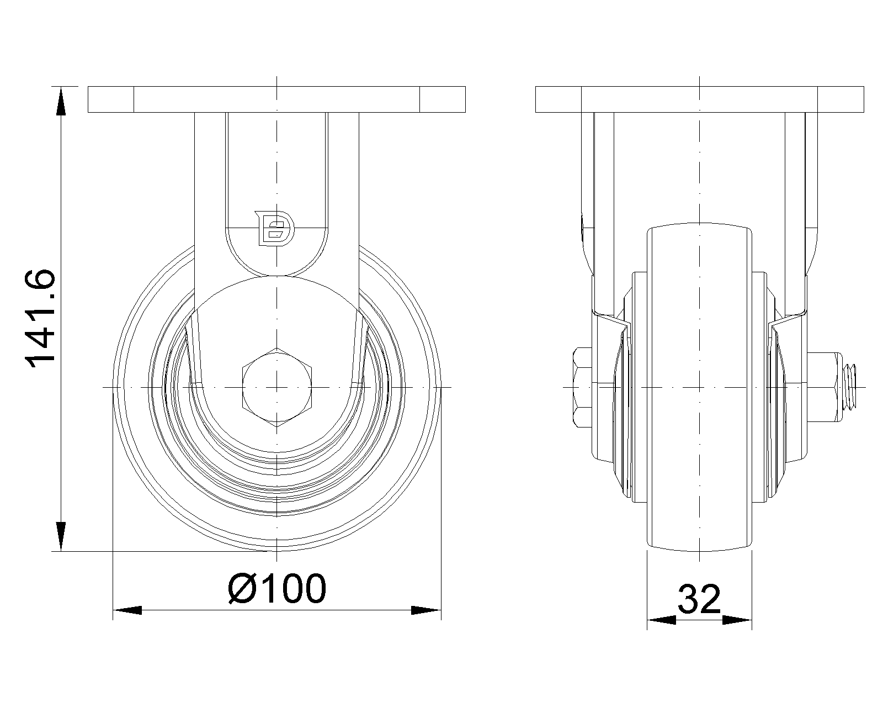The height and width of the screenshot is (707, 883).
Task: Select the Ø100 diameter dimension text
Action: (x=277, y=589)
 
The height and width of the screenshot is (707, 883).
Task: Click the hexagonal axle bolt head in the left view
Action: (x=277, y=387)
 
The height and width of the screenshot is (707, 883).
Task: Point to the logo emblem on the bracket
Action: (x=274, y=229)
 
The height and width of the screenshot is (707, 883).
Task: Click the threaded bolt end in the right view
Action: (x=849, y=387)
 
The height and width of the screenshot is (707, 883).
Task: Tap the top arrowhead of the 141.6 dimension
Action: (x=61, y=102)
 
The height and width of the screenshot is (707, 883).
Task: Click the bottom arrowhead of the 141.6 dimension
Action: (x=61, y=536)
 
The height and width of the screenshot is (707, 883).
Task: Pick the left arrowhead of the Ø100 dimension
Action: (x=127, y=610)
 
